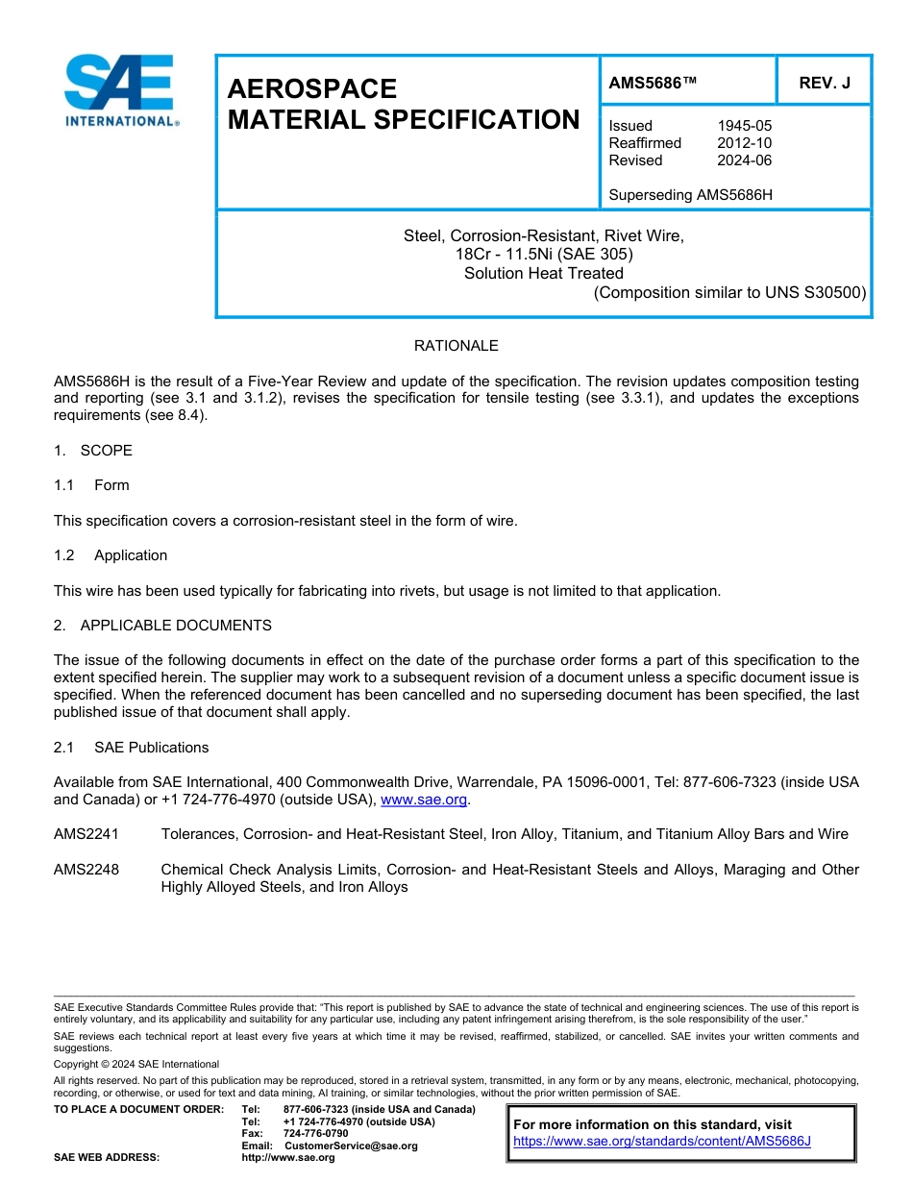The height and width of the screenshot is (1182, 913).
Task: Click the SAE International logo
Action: point(120,90)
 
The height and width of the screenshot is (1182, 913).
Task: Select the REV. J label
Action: point(824,84)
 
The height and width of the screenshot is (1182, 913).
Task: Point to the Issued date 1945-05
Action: point(744,126)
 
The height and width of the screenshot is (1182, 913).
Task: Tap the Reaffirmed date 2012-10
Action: point(744,143)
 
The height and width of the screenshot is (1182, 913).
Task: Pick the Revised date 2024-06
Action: point(744,160)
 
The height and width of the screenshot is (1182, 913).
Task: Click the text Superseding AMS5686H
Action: point(690,195)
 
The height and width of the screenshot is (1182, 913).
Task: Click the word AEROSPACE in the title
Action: point(311,89)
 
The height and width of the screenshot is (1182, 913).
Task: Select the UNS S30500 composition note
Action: point(729,292)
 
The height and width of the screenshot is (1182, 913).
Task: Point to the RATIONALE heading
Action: point(456,346)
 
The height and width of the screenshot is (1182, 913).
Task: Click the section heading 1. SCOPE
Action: point(93,451)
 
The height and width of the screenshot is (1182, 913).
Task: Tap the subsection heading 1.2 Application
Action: point(111,555)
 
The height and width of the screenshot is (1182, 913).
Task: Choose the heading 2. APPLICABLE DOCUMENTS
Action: point(162,626)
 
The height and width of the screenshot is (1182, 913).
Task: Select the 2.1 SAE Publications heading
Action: point(131,748)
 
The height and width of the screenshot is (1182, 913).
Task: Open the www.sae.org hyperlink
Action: point(424,800)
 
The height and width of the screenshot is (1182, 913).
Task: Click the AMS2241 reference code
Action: point(86,834)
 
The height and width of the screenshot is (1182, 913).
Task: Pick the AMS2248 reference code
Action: point(86,870)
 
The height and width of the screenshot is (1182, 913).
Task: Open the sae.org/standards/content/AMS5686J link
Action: point(662,1142)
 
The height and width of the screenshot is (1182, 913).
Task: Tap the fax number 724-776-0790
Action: point(316,1134)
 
